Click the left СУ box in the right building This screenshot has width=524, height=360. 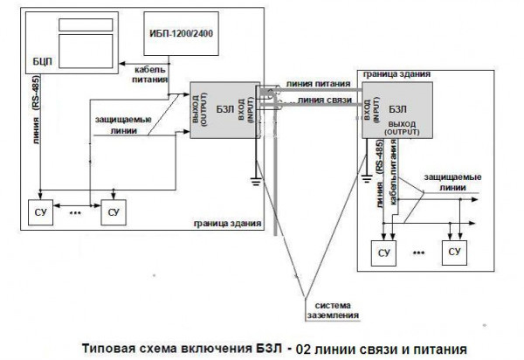point(383,252)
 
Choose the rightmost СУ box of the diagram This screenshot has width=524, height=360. point(453,252)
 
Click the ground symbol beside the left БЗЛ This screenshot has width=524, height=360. point(254,180)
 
